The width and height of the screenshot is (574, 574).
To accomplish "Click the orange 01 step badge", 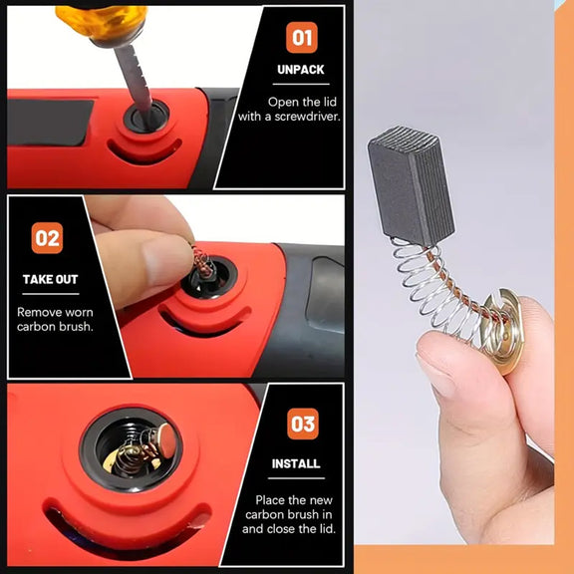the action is [x=302, y=37].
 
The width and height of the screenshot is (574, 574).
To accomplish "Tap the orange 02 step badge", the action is [x=47, y=238].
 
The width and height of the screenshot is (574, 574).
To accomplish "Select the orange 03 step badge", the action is [x=303, y=424].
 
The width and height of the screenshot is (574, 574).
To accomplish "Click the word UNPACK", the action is [x=301, y=70].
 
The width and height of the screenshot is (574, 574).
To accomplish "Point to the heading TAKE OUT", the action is [x=51, y=279].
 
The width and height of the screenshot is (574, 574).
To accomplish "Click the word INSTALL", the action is [x=296, y=463].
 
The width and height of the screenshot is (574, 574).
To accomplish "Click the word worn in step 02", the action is [x=78, y=312].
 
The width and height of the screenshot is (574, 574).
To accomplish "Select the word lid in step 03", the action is [x=325, y=529].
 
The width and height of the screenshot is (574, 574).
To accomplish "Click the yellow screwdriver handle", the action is [x=102, y=21].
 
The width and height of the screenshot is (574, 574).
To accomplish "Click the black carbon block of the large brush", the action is [x=411, y=185].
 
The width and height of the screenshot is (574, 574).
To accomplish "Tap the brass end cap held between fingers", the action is [x=501, y=330].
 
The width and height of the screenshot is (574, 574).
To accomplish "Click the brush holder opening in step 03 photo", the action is [x=132, y=449].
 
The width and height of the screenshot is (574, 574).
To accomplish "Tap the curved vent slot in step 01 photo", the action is [x=144, y=150].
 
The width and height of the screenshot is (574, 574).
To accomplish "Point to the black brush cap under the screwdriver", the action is [x=146, y=117].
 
